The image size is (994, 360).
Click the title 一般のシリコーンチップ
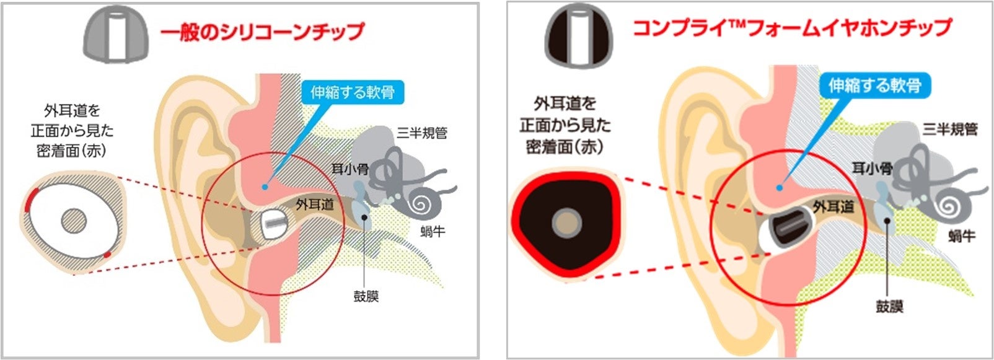tap(262, 32)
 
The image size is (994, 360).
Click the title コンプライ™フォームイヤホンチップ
tap(791, 29)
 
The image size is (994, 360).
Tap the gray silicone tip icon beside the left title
tap(117, 37)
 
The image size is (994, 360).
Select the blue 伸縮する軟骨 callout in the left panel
tap(353, 92)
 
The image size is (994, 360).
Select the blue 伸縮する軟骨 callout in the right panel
tap(874, 85)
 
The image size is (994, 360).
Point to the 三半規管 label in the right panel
tap(950, 130)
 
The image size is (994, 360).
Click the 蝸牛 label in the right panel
tap(961, 235)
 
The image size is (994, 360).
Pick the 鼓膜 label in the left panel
tap(366, 296)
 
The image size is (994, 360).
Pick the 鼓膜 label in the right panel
tap(889, 306)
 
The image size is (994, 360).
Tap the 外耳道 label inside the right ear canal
tap(833, 206)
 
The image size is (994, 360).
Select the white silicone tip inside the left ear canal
tap(273, 224)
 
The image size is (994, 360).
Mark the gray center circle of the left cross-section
tap(74, 220)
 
